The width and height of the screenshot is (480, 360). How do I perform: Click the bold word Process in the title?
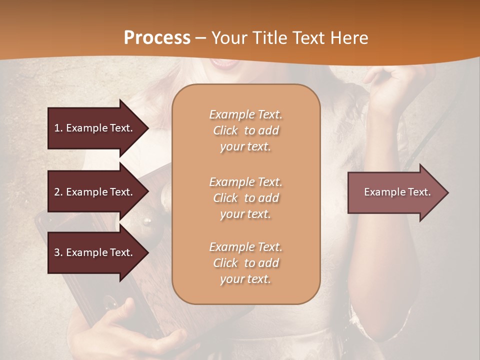(x=157, y=38)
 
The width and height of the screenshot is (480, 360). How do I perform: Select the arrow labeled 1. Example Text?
(x=95, y=128)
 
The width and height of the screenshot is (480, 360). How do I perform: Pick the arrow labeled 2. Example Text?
(x=95, y=192)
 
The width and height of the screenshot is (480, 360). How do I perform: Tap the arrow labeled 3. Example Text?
(x=95, y=252)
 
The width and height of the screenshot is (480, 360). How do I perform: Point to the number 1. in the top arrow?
(x=58, y=128)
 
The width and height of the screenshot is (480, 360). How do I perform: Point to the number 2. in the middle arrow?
(x=58, y=192)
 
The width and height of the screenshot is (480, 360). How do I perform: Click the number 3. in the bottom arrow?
(x=58, y=252)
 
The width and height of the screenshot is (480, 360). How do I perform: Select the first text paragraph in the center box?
(x=245, y=130)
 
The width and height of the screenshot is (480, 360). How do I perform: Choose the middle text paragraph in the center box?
(x=245, y=197)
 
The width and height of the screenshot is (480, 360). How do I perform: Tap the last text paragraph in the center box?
(x=245, y=263)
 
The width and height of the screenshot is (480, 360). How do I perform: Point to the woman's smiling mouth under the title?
(x=225, y=63)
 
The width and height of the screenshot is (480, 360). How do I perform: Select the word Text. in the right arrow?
(x=419, y=192)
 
